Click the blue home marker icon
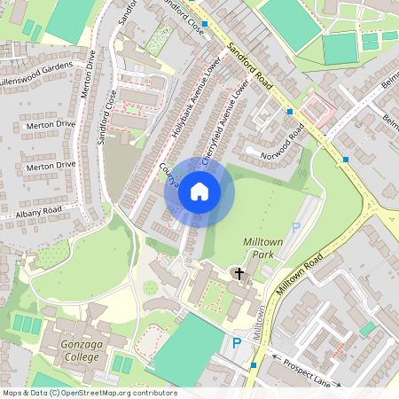click(x=199, y=192)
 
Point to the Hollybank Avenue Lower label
click(x=188, y=104)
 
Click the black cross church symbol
click(x=239, y=274)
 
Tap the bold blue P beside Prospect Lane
click(x=237, y=343)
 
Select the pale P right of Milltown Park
click(x=295, y=229)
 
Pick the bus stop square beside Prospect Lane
click(x=254, y=364)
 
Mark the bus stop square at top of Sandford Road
click(x=205, y=24)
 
